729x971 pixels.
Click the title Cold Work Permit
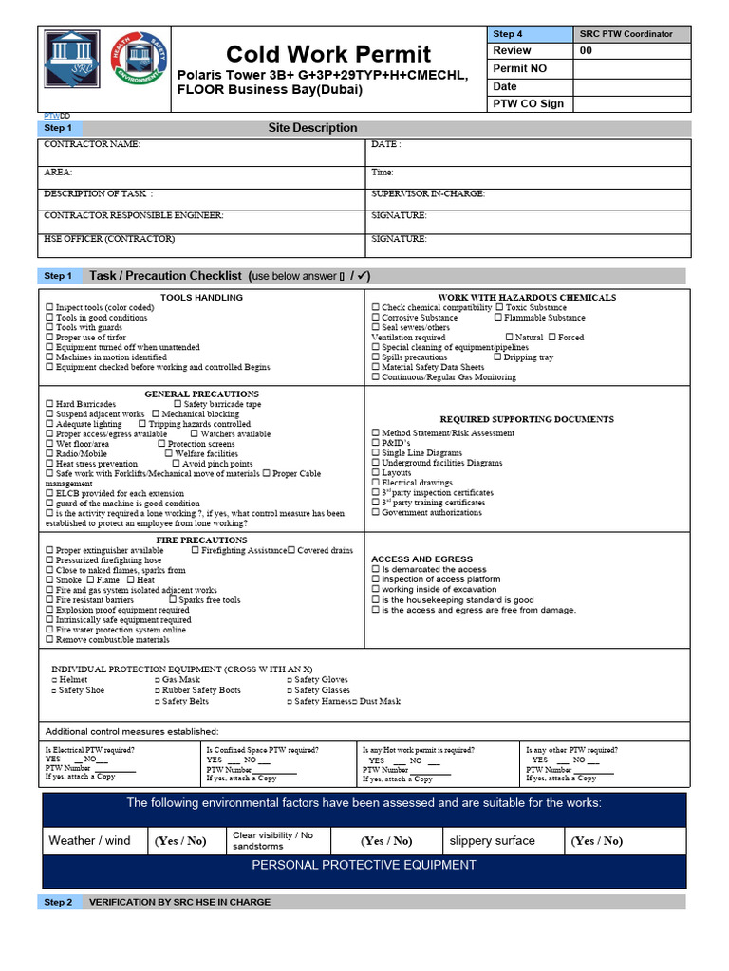click(328, 54)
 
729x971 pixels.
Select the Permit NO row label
click(520, 68)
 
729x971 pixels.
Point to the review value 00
click(586, 51)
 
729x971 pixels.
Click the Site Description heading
click(312, 128)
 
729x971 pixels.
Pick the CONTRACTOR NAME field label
click(92, 144)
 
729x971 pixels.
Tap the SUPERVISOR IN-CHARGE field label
click(427, 193)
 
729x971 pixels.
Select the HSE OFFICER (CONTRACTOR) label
click(109, 239)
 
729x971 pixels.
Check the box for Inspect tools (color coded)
click(50, 308)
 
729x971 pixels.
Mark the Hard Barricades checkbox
click(50, 404)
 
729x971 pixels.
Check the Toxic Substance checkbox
click(500, 308)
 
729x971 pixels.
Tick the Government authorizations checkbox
click(376, 513)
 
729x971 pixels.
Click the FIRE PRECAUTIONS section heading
click(201, 540)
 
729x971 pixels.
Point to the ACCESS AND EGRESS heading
click(421, 559)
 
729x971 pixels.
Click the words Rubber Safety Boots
click(201, 690)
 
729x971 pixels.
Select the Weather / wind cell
click(89, 840)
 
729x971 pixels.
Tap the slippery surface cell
click(492, 840)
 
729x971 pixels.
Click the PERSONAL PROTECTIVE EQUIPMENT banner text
click(364, 865)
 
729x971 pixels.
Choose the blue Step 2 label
click(58, 902)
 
